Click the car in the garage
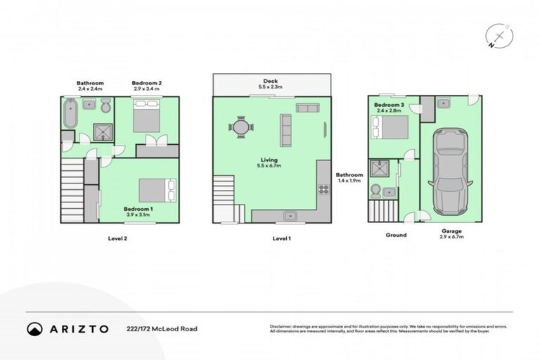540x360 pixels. [448, 172]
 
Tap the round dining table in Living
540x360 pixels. [241, 128]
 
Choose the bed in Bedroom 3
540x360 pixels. [390, 128]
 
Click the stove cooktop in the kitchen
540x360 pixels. [324, 189]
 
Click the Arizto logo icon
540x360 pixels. [34, 328]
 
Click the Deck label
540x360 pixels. [271, 81]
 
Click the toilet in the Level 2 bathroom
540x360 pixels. [105, 107]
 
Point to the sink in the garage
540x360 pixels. [444, 103]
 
